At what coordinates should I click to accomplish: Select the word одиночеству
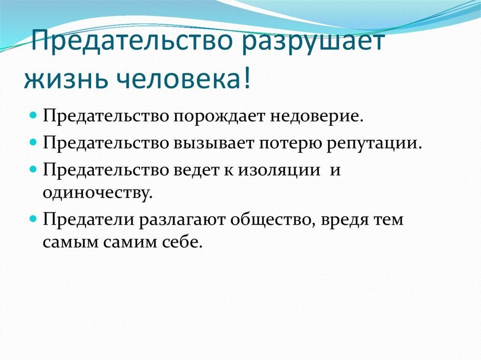click(97, 193)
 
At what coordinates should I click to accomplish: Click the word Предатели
click(89, 220)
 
